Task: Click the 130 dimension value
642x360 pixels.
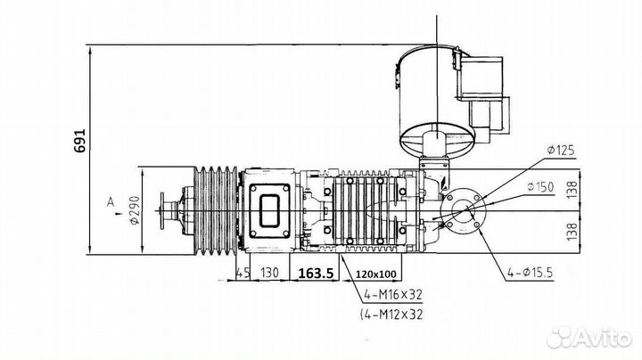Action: (270, 274)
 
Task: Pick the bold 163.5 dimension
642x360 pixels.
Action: (316, 274)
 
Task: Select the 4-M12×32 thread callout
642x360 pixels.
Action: (393, 315)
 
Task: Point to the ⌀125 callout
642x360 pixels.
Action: (557, 151)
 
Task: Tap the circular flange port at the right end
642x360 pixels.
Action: (465, 215)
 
